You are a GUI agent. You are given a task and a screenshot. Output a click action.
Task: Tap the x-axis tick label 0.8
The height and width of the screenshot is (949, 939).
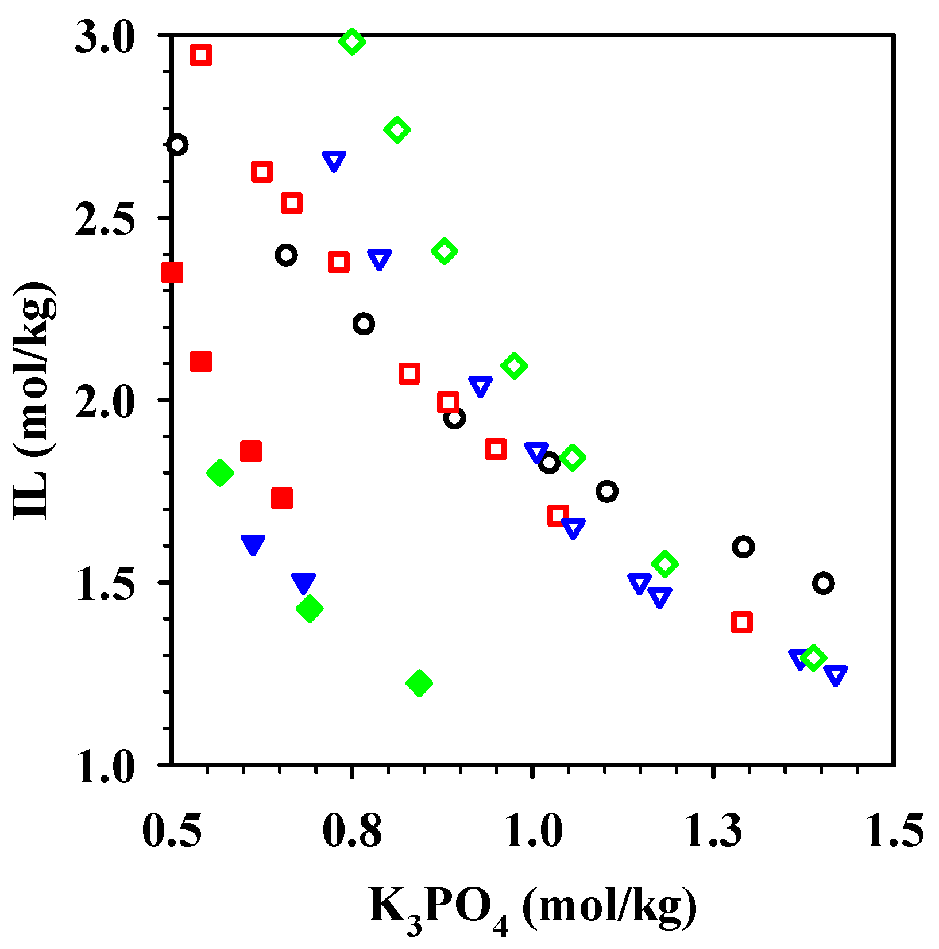click(x=352, y=831)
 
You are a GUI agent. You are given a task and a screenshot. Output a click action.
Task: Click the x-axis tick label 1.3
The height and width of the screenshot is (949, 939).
click(x=713, y=831)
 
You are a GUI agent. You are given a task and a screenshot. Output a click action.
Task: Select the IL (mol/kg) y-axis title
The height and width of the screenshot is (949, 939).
click(x=36, y=401)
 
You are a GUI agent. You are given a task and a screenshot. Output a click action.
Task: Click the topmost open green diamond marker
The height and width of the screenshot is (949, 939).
click(x=352, y=41)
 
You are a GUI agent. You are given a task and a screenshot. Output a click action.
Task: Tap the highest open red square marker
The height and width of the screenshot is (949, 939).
click(x=201, y=56)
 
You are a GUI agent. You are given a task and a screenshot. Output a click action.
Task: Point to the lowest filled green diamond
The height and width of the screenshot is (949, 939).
click(x=419, y=683)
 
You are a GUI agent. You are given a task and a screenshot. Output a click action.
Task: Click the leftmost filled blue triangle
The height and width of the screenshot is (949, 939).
click(x=253, y=544)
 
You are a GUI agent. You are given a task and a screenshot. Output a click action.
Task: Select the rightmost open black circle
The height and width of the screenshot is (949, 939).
click(x=824, y=583)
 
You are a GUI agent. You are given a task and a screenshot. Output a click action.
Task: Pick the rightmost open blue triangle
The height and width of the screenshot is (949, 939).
click(x=836, y=675)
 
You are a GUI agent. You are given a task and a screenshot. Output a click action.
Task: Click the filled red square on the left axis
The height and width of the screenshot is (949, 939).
click(x=172, y=272)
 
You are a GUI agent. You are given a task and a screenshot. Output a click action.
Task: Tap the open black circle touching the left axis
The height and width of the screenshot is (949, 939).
click(x=177, y=145)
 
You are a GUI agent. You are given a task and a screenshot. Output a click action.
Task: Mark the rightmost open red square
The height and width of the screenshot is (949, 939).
click(x=742, y=622)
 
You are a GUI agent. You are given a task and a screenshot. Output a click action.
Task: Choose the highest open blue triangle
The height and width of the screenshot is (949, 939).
click(x=334, y=161)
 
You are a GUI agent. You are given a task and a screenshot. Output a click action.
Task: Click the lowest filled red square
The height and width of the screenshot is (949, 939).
click(x=282, y=498)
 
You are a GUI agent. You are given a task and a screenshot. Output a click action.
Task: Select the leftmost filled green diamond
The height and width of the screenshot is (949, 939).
click(x=220, y=473)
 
